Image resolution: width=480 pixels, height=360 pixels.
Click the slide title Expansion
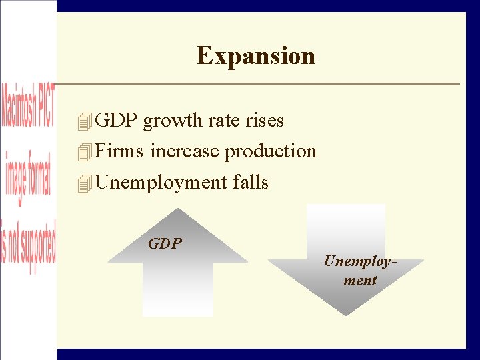tap(256, 55)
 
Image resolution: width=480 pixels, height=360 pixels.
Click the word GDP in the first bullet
tap(117, 120)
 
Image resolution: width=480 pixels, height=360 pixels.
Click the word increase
tap(185, 151)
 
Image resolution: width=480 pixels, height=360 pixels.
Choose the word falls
tap(251, 182)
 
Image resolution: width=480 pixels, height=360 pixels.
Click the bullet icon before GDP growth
tap(84, 121)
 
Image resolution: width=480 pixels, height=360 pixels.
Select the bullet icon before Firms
tap(84, 153)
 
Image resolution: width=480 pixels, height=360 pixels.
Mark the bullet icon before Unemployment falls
tap(84, 183)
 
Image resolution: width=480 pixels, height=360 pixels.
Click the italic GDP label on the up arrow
tap(165, 243)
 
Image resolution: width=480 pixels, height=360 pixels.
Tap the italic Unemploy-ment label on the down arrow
tap(360, 270)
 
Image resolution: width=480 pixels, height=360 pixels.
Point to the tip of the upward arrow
tap(177, 210)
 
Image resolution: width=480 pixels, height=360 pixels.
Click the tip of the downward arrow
tap(345, 314)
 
